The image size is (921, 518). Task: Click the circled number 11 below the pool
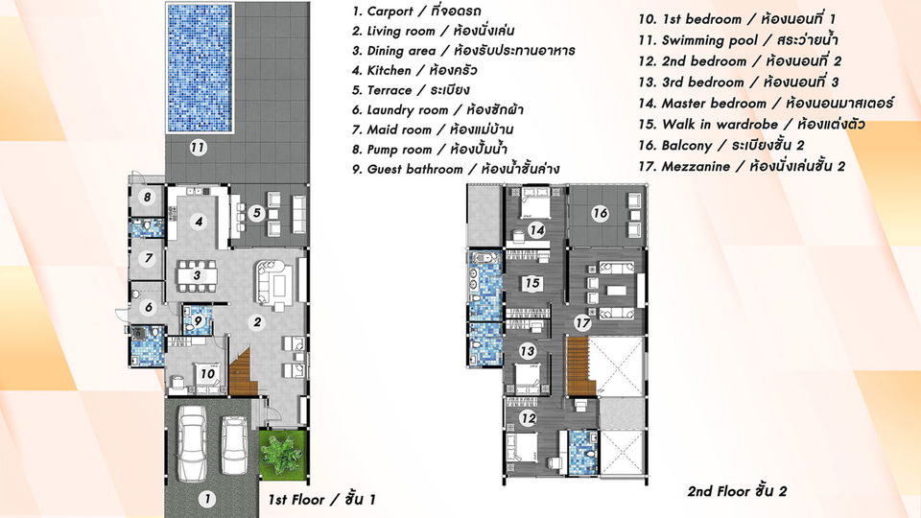[198, 148]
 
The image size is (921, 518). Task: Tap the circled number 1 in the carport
[206, 499]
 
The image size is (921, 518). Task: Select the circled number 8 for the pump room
[148, 197]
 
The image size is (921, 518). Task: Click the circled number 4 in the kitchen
[200, 222]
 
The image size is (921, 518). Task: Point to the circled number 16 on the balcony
[600, 213]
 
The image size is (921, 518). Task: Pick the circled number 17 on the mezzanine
[582, 322]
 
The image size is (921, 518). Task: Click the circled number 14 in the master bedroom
[536, 230]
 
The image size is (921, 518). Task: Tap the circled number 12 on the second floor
[528, 418]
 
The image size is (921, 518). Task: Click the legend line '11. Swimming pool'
[738, 40]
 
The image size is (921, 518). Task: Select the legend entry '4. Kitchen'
[414, 70]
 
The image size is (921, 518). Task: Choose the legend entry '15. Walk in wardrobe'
[751, 125]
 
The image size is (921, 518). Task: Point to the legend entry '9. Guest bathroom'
[456, 169]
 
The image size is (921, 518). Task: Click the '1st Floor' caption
[321, 500]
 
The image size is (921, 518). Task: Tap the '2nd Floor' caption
[737, 491]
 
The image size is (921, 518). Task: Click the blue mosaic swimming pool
[200, 68]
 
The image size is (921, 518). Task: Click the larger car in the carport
[192, 444]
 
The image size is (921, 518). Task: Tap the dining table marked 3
[197, 275]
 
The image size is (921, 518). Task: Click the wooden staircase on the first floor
[243, 370]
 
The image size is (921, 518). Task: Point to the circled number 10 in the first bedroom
[207, 373]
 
